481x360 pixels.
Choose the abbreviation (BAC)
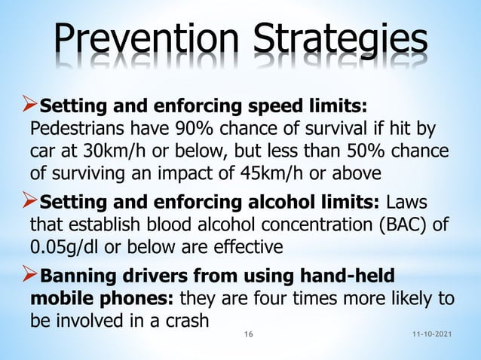pos(363,224)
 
